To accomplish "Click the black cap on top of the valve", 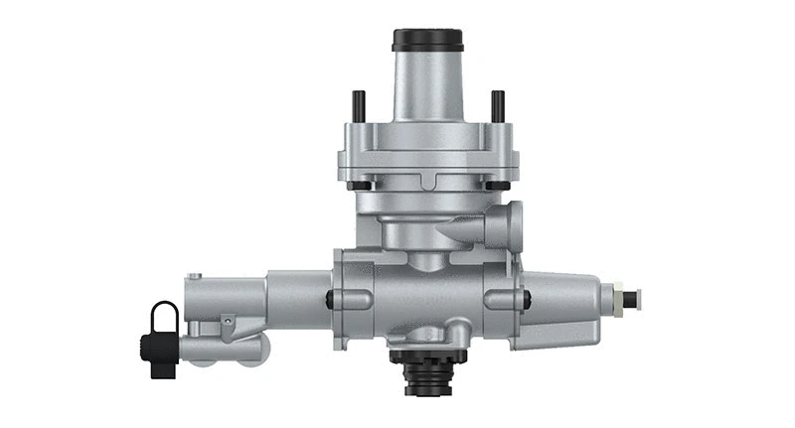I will (x=427, y=41).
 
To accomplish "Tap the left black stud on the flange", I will (x=359, y=104).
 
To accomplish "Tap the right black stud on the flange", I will (x=498, y=104).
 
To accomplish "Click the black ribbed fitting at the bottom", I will (x=428, y=372).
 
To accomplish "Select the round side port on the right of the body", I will (x=513, y=223).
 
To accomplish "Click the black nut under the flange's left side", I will (x=360, y=184).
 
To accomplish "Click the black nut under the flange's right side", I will (x=497, y=184).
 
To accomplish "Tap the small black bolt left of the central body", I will (x=329, y=298).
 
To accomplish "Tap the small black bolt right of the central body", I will (x=527, y=297).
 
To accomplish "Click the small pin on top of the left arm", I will (x=196, y=277).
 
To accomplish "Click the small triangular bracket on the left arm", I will (x=229, y=320).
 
